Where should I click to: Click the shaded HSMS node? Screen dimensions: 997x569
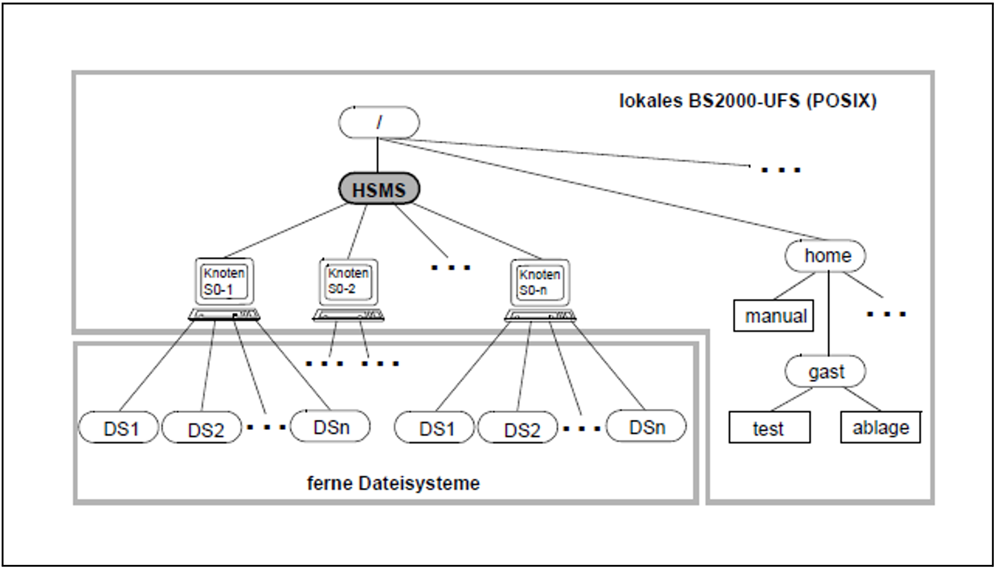point(379,189)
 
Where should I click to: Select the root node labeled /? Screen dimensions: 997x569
point(379,122)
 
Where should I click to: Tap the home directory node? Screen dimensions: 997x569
point(825,256)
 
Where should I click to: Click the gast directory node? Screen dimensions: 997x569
point(825,371)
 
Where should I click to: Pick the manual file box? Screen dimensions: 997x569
point(774,315)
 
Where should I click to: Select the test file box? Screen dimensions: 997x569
point(770,427)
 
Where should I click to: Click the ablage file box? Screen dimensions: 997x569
point(881,427)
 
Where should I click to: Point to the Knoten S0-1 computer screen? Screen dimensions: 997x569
point(224,281)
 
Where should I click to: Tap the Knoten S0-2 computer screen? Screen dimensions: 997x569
point(348,282)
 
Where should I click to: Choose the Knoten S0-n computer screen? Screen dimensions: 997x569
point(540,283)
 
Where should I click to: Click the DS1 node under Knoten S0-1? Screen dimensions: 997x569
point(118,427)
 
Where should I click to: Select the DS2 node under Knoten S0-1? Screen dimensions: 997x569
point(202,428)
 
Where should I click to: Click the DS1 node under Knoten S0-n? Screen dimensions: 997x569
point(434,427)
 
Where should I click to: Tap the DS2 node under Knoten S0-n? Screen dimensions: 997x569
point(518,428)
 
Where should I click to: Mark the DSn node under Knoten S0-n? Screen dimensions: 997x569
point(646,426)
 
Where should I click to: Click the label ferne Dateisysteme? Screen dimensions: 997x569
point(393,484)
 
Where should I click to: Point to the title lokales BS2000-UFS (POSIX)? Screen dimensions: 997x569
point(748,101)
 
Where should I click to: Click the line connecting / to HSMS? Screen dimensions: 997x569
point(378,155)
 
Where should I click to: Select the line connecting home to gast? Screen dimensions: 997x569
point(829,313)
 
